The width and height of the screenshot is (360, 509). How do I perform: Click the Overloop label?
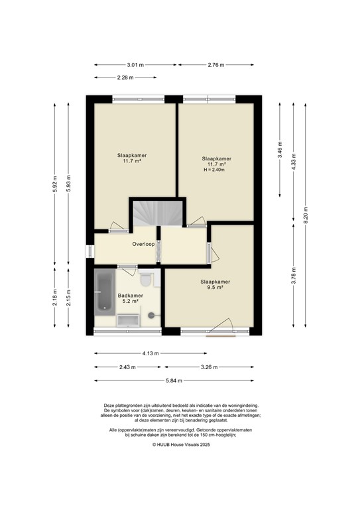click(143, 244)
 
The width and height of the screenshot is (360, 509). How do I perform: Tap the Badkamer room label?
click(130, 296)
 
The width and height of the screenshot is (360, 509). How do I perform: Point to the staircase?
click(154, 213)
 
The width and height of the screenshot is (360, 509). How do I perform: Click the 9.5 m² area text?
click(213, 288)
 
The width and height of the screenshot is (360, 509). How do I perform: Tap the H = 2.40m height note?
click(214, 170)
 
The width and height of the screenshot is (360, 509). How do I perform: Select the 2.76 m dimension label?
click(216, 64)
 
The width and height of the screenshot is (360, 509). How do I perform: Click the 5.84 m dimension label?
click(174, 380)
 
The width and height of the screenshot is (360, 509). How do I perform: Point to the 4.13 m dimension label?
click(152, 353)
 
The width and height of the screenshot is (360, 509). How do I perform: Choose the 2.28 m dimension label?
click(125, 77)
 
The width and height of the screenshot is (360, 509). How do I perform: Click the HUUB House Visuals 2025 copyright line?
click(180, 445)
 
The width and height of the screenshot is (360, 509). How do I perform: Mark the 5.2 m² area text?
click(130, 302)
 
